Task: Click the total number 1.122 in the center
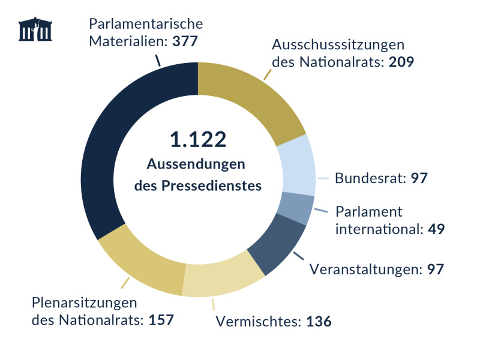[x=198, y=140]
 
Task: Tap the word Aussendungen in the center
[x=198, y=164]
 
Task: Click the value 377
[x=185, y=42]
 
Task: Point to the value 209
[x=401, y=62]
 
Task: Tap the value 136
[x=319, y=322]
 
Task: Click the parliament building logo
[x=35, y=29]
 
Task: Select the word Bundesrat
[x=370, y=178]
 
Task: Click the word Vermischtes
[x=258, y=322]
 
